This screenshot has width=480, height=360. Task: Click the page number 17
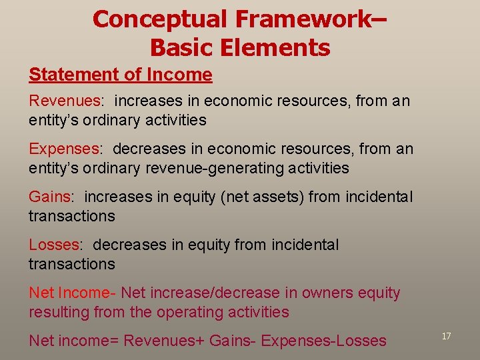446,336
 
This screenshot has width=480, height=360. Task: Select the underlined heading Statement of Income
120,75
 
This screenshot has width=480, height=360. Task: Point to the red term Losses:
56,245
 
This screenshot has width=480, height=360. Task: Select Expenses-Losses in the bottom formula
323,341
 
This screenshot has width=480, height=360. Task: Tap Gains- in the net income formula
233,341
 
